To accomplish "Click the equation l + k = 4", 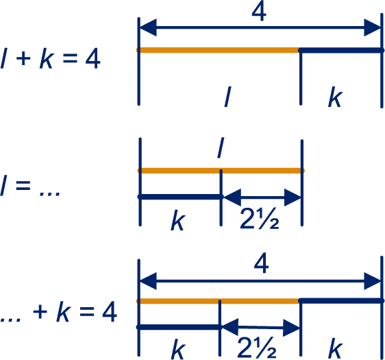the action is (x=50, y=59).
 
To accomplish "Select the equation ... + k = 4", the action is (x=58, y=312).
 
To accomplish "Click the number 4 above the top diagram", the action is (x=259, y=12).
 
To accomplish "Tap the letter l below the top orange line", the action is (x=228, y=96).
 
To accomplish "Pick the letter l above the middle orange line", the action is (x=221, y=147).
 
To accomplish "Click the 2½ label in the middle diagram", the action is (x=259, y=219).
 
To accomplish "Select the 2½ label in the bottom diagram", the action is (x=257, y=348).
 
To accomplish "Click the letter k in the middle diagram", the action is (x=177, y=220).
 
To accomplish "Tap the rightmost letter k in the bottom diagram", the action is (x=336, y=348).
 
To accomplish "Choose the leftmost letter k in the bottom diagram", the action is (x=178, y=349).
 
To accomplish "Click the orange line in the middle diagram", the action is (x=221, y=171).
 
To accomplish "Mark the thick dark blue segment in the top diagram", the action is (x=341, y=50).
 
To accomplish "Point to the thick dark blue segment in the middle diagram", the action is (x=180, y=197).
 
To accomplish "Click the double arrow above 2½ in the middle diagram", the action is (x=262, y=197).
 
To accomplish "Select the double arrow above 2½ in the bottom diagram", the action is (x=260, y=327).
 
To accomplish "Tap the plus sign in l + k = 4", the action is (x=23, y=59).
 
